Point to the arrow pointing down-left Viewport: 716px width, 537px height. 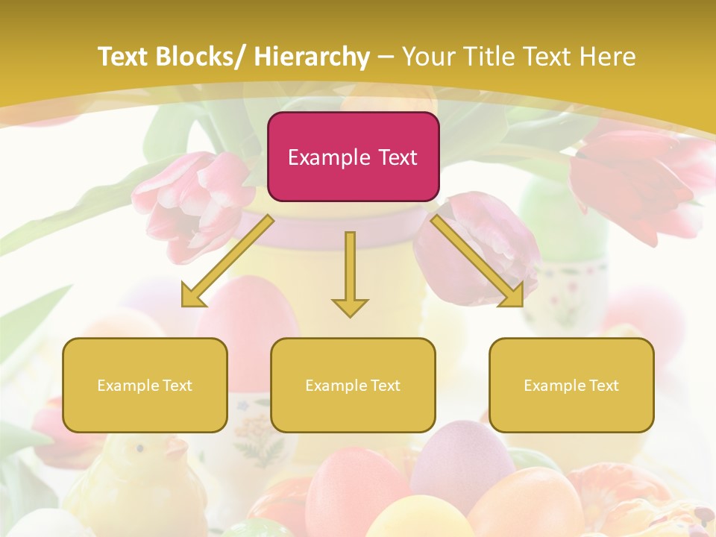click(227, 261)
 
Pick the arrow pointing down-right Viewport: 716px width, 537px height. click(477, 261)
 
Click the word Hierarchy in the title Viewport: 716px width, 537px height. click(312, 57)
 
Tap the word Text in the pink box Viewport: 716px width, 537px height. click(397, 157)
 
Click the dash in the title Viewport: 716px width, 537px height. click(386, 57)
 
